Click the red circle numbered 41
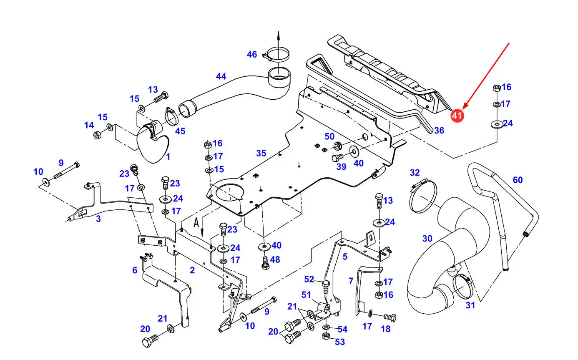point(457,116)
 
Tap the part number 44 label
point(221,76)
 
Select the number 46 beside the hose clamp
point(252,55)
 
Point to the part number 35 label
point(261,153)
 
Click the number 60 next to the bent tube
point(518,180)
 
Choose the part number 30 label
point(427,238)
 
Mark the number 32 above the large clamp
point(415,172)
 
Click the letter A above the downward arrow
point(196,222)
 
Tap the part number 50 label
point(329,136)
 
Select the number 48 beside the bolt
point(275,259)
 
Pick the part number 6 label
point(135,270)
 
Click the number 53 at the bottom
point(340,342)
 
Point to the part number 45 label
point(180,131)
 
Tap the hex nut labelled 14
point(96,134)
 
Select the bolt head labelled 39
point(336,158)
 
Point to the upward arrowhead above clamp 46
point(278,35)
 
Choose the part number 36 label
point(439,131)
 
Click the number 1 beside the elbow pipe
point(168,157)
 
